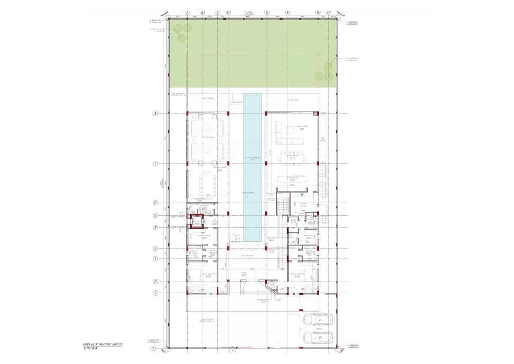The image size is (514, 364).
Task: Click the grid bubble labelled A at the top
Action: (187, 12)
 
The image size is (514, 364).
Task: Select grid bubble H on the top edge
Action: (328, 12)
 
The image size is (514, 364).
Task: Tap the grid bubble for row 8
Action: (156, 114)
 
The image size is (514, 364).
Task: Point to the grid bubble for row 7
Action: (156, 163)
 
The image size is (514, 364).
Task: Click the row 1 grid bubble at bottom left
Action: (153, 347)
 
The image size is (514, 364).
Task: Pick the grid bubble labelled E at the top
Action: (267, 12)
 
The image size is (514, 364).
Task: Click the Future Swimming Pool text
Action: (251, 158)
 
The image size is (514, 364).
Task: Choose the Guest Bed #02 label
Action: (297, 274)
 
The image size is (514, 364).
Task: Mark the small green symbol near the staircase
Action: (302, 194)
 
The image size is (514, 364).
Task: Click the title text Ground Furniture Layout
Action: (102, 344)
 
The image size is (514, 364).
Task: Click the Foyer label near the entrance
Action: (244, 272)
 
